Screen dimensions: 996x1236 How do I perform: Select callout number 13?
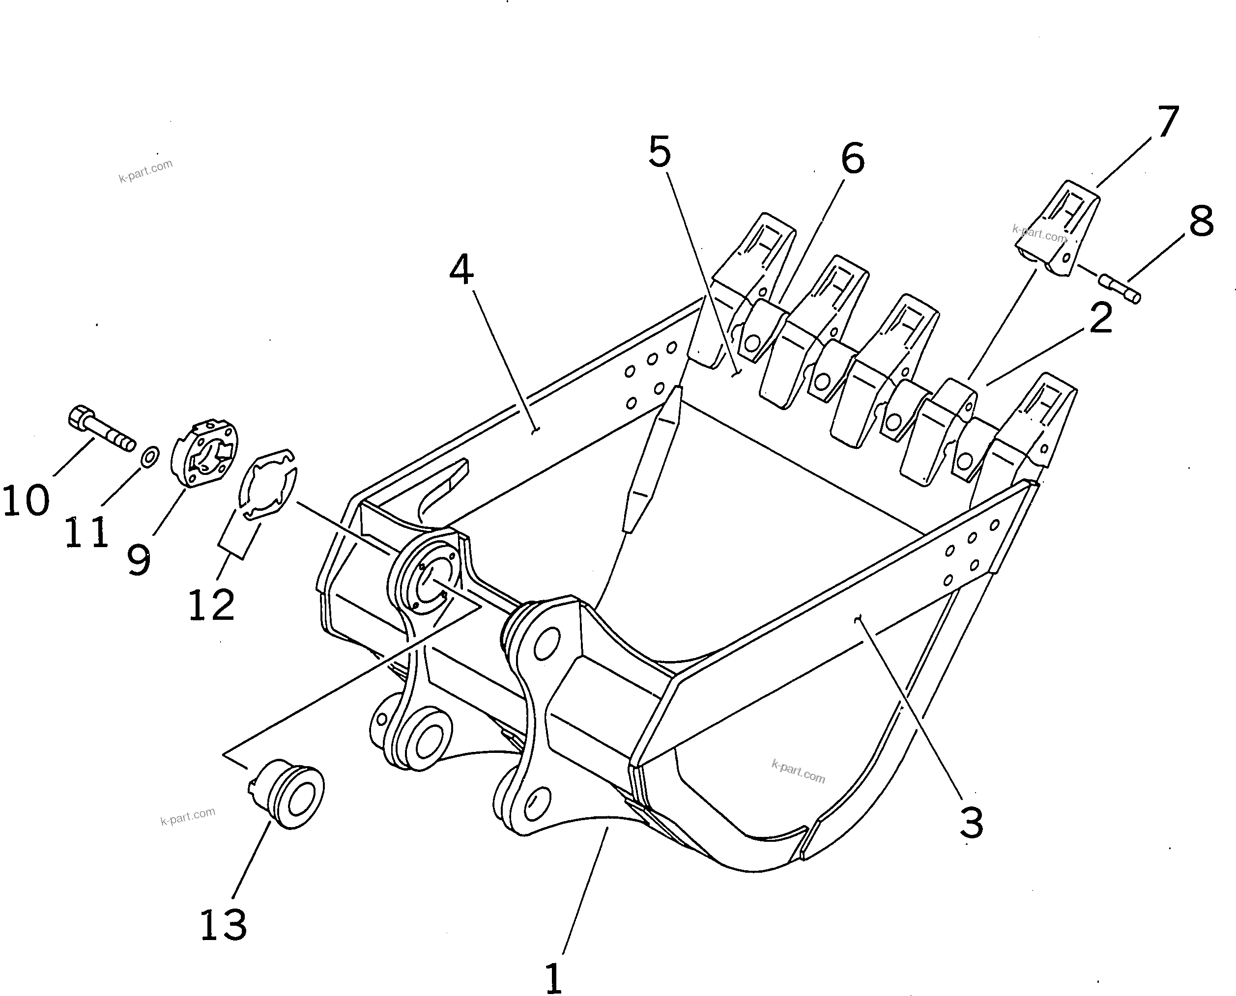coord(223,925)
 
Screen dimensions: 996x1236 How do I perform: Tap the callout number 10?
coord(27,500)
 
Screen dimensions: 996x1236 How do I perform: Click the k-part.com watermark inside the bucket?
coord(798,772)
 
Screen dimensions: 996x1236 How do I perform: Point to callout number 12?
coord(211,605)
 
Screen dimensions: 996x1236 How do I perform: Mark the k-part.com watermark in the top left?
coord(145,171)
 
